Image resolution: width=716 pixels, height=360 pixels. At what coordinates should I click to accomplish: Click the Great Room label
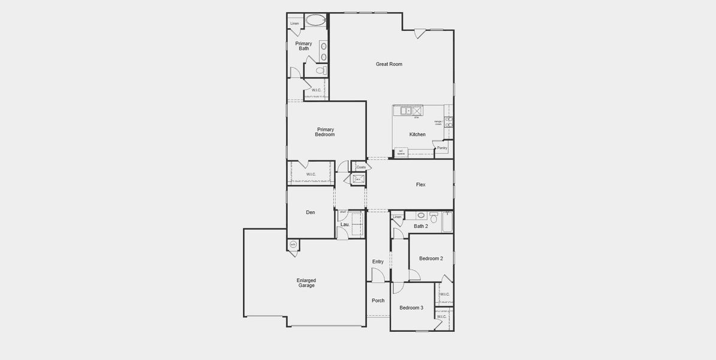389,64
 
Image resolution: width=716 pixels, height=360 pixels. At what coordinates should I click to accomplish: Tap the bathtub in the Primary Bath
315,20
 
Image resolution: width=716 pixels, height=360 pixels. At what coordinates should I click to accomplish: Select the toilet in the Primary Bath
321,71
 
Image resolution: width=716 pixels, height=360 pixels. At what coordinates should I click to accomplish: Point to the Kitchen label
417,134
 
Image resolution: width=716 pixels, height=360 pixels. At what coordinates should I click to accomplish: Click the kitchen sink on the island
405,110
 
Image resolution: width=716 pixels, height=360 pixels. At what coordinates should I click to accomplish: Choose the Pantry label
442,148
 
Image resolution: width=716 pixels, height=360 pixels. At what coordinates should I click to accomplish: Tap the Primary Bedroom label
326,132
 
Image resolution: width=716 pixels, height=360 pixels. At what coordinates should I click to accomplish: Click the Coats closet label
361,167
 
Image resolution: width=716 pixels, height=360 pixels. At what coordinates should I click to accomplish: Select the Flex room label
420,185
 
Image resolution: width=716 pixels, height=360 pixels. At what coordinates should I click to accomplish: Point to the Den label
310,212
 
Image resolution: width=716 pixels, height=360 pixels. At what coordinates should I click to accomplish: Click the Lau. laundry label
345,224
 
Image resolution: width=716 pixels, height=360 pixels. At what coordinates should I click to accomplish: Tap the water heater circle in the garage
293,245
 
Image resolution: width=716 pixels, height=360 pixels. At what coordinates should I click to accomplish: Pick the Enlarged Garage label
306,283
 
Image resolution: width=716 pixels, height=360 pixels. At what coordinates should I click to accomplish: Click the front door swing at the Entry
377,275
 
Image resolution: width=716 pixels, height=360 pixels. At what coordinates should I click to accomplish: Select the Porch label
378,301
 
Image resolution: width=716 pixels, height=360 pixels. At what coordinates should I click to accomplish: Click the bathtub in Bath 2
447,223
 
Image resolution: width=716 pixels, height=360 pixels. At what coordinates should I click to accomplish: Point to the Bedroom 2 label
431,259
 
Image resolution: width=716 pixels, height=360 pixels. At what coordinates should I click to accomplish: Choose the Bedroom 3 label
411,308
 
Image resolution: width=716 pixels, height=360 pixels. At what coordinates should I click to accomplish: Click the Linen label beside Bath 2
397,217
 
